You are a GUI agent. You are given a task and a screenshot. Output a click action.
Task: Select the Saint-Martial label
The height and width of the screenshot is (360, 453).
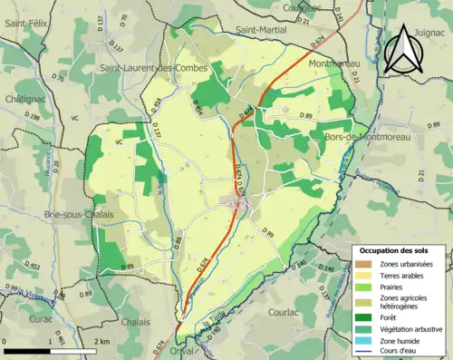(257, 29)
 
